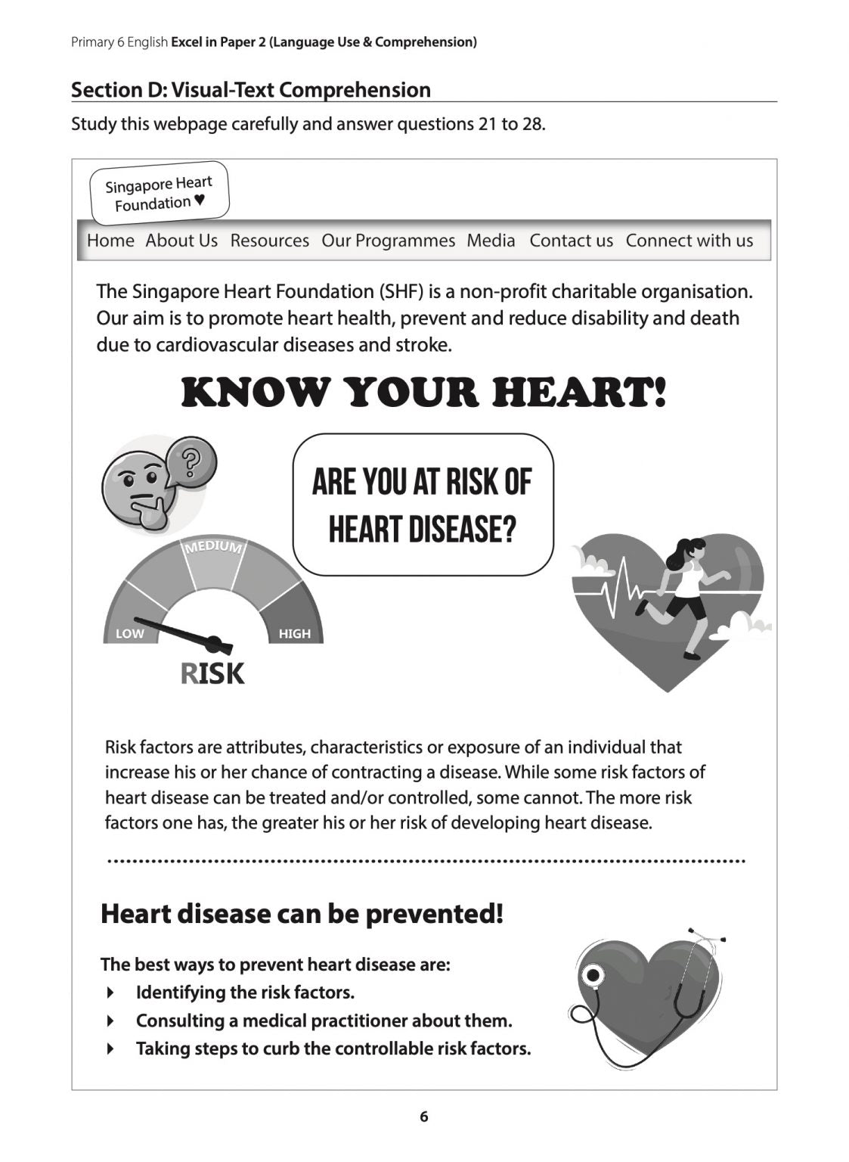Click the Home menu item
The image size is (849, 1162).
[110, 241]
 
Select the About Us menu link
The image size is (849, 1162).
[181, 241]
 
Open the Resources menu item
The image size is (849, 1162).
[269, 241]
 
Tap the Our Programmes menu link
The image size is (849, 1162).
[388, 241]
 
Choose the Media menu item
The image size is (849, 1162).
[491, 241]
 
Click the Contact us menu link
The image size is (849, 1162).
[571, 241]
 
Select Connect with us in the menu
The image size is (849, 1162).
[689, 241]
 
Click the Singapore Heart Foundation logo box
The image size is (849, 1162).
[159, 193]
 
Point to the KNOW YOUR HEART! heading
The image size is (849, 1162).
[423, 393]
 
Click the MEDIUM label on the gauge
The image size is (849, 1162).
[214, 547]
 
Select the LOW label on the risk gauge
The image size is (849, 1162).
[129, 634]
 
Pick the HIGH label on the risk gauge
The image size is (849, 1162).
[294, 634]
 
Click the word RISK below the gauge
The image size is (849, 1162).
[212, 673]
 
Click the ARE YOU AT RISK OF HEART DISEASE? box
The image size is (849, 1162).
[423, 505]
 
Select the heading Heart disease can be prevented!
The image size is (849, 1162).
[302, 914]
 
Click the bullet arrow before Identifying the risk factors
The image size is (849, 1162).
[111, 993]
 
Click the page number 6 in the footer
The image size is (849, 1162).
[423, 1117]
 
